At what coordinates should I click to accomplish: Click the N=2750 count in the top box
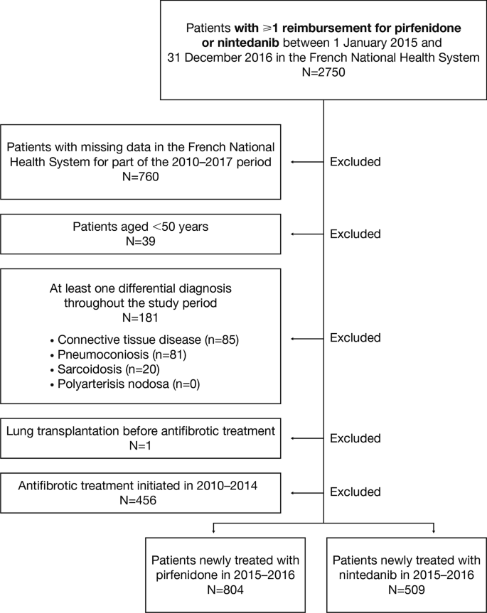pos(324,72)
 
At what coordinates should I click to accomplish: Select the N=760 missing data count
pos(140,175)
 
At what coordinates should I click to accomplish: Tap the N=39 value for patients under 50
pos(140,242)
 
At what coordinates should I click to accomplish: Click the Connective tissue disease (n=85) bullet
pos(148,340)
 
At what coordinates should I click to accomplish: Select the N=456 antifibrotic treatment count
pos(140,501)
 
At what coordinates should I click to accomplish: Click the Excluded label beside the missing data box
pos(355,162)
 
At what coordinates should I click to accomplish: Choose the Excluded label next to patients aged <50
pos(355,234)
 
